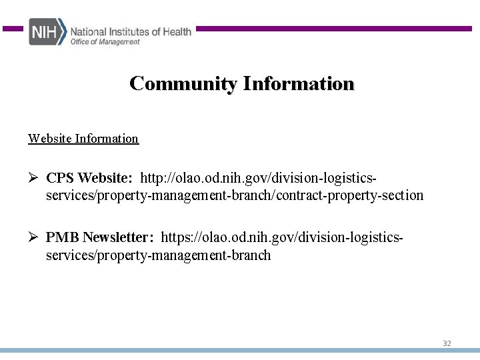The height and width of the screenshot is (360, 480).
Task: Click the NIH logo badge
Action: pos(47,32)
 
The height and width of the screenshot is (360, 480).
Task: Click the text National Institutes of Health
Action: pos(131,31)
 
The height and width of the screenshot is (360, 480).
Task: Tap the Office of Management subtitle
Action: pos(105,42)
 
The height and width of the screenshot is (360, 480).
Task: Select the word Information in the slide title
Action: pos(299,84)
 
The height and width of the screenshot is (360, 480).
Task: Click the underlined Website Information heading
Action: pos(83,139)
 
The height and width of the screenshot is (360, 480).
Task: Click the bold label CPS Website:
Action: pos(89,179)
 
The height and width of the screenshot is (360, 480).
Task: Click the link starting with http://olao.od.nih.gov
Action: pos(258,179)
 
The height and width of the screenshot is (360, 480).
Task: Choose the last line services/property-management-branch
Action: pos(158,255)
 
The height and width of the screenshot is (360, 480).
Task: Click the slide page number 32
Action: pos(447,343)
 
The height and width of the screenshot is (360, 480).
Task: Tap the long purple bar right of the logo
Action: pos(333,29)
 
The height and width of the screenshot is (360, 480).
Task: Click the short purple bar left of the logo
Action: pos(13,29)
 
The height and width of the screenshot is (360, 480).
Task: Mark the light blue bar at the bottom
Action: pos(240,351)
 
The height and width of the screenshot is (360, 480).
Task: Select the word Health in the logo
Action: pos(176,31)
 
